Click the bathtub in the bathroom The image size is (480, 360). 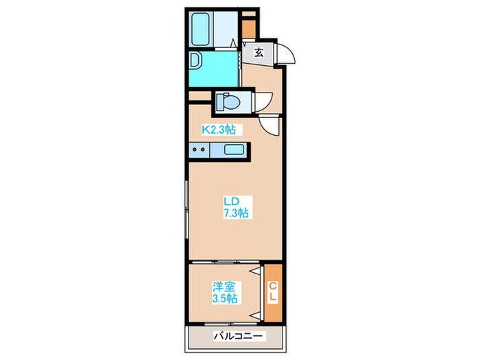[201, 29]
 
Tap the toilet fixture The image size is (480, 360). [228, 101]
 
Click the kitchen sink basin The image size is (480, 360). [234, 149]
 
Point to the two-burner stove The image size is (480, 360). [199, 150]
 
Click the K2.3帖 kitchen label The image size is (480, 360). [218, 130]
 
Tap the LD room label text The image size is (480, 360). [231, 202]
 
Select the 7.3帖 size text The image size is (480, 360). [235, 213]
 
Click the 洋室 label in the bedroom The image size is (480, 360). [224, 287]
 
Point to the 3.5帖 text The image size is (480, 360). [225, 298]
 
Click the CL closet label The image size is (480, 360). [273, 292]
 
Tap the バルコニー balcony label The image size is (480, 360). [238, 337]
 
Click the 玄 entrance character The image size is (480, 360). [259, 53]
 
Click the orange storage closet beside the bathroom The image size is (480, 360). [249, 29]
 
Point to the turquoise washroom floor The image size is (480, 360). [214, 69]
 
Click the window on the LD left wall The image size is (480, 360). [186, 210]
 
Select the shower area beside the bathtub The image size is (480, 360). [226, 29]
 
